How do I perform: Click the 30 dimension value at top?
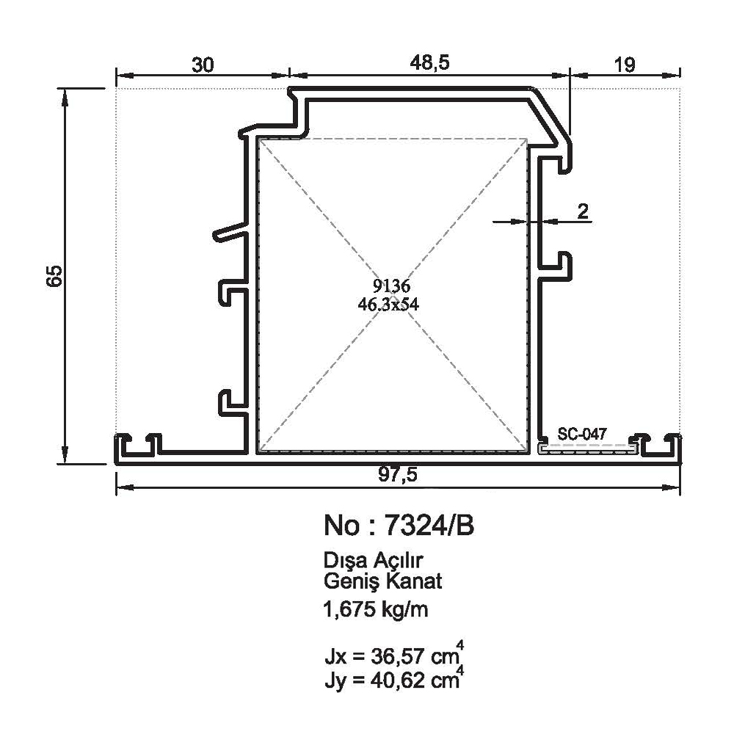click(x=203, y=65)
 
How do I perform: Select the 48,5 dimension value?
click(x=429, y=62)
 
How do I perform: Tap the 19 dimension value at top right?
click(x=625, y=65)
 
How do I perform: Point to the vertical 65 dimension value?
click(x=54, y=276)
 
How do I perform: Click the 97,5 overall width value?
click(x=397, y=475)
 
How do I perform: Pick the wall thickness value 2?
click(x=583, y=211)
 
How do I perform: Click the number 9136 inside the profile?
click(x=391, y=285)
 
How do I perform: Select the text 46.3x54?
click(x=388, y=305)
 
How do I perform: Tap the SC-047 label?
click(x=582, y=434)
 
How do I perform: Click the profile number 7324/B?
click(x=429, y=526)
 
